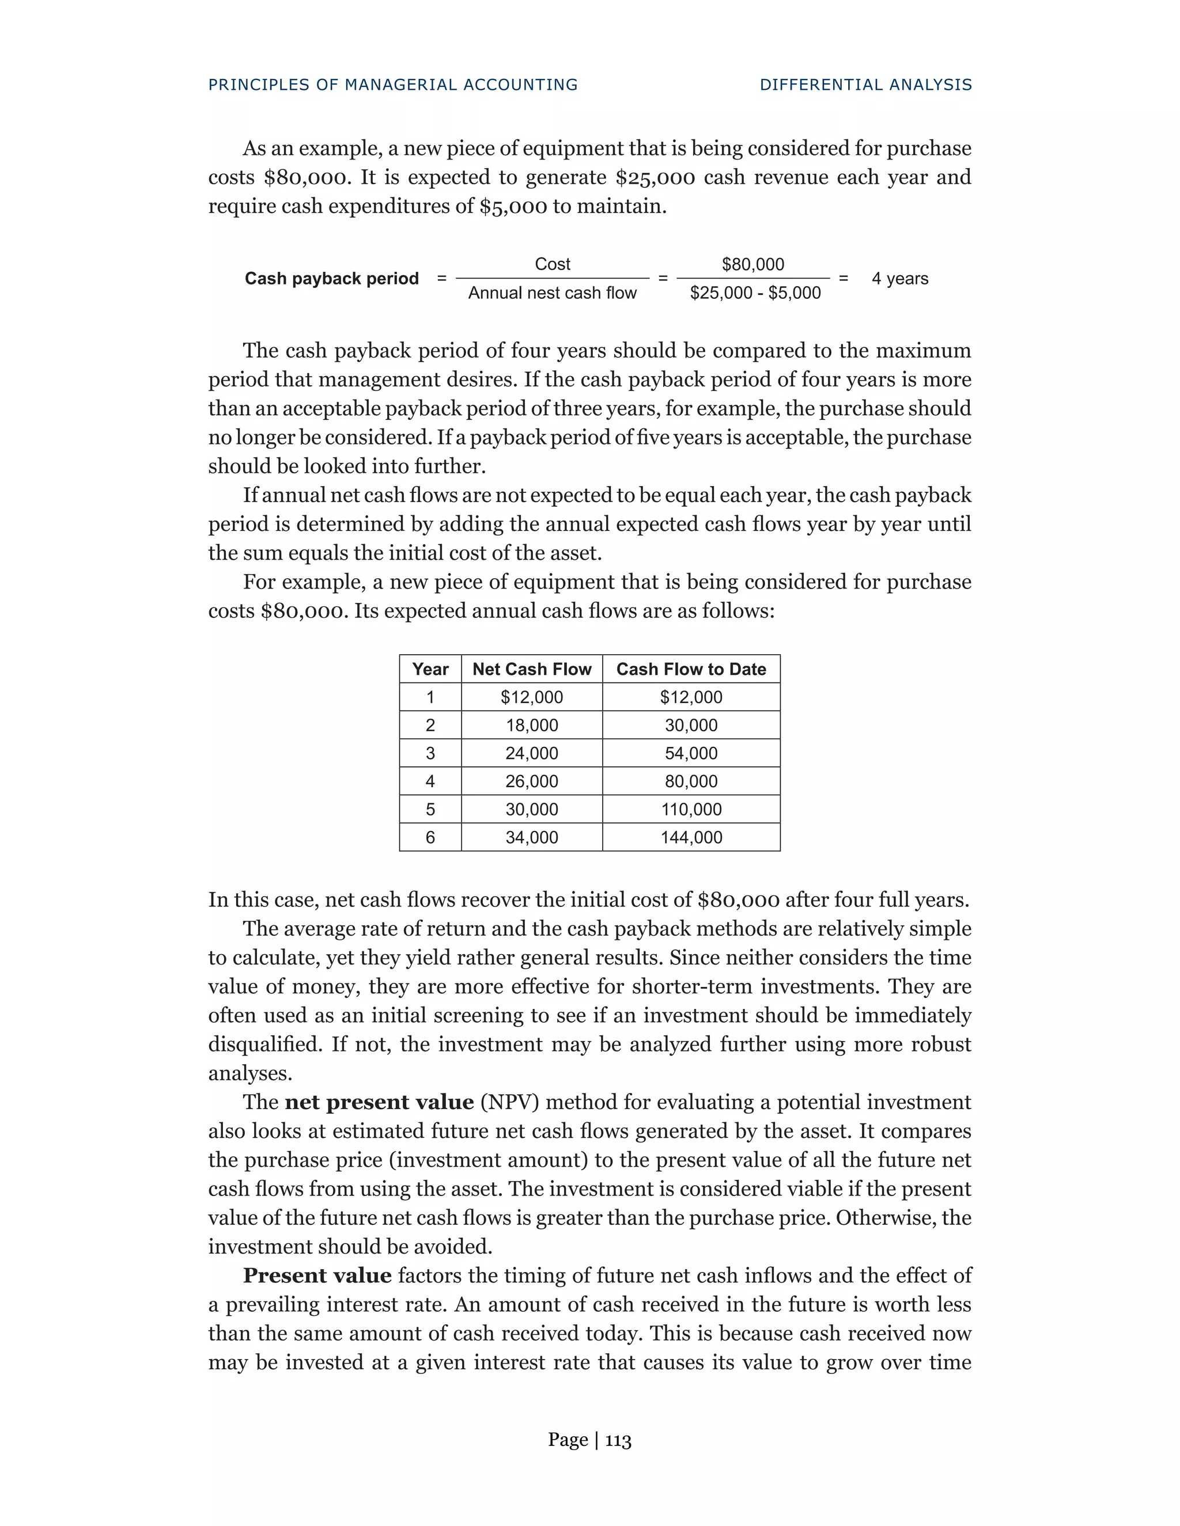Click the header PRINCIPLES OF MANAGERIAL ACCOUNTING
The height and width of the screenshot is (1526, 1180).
click(x=393, y=85)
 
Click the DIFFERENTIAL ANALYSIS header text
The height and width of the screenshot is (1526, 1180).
click(x=865, y=85)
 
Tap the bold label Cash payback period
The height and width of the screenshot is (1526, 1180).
click(x=331, y=279)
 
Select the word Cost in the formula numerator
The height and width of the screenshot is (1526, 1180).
click(x=552, y=264)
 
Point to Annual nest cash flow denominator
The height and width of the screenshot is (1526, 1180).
click(x=552, y=293)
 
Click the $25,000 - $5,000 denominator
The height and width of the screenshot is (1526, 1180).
click(x=755, y=293)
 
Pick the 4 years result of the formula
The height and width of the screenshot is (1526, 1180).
click(x=899, y=279)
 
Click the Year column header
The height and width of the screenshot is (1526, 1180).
click(x=430, y=669)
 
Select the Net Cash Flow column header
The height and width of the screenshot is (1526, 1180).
click(x=531, y=669)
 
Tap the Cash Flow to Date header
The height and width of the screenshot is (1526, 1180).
click(x=691, y=669)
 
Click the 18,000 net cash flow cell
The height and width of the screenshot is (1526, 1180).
click(x=531, y=725)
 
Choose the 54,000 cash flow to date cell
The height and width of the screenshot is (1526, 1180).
click(x=691, y=753)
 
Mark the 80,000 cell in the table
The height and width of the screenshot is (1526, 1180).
click(x=691, y=781)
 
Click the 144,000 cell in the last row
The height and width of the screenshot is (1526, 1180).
click(x=691, y=837)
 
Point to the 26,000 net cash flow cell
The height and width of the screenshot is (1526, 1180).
click(x=531, y=781)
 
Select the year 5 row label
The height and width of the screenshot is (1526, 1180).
click(x=430, y=809)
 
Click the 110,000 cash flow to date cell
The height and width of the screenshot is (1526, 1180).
click(x=691, y=809)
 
